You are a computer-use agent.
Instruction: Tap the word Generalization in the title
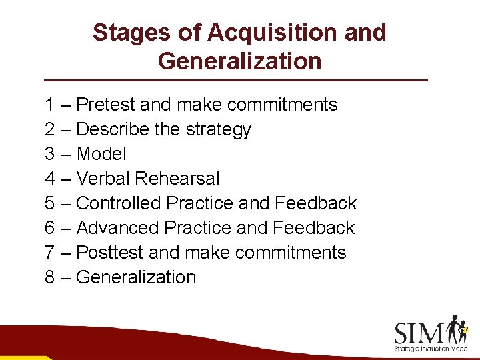239,61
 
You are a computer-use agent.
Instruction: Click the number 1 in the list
50,105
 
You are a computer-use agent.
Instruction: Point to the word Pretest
109,105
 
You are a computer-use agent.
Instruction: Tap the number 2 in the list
50,129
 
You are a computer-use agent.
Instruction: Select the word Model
101,154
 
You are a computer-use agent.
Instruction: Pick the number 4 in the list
50,179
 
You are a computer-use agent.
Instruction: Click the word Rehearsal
177,179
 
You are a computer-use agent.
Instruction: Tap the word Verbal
103,179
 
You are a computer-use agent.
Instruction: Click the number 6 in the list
50,228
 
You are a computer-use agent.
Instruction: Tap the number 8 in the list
50,277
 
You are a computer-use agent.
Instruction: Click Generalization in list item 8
137,277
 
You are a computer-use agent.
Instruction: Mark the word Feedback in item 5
316,203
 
